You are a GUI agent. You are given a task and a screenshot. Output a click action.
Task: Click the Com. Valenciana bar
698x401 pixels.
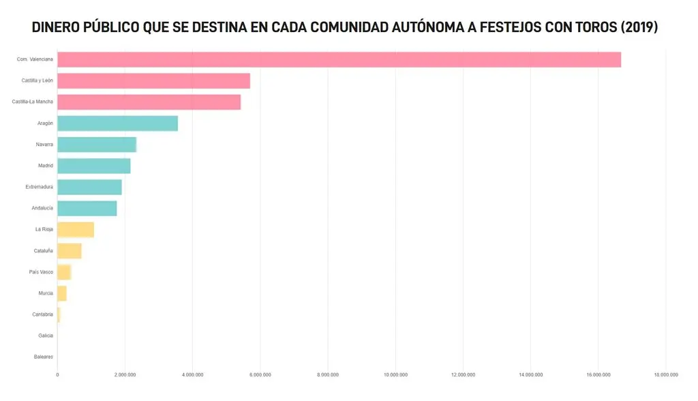339,60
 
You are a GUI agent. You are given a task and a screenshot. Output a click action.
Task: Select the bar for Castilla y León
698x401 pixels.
153,81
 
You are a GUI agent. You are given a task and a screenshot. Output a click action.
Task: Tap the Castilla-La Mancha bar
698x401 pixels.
149,102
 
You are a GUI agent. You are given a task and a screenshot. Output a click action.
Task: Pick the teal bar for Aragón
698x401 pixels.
117,123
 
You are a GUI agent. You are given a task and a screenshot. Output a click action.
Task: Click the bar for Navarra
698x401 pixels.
97,145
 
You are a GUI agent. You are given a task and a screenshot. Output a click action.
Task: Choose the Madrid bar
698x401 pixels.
94,166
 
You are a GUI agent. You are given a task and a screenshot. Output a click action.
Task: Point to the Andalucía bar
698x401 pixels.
87,209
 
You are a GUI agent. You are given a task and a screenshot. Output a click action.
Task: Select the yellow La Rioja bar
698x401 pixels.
76,230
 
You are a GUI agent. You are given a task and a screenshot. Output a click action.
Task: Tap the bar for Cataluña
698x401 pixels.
70,251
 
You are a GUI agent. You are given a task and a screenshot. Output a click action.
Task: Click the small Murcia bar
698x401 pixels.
62,294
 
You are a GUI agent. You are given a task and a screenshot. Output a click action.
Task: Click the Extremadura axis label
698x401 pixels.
39,187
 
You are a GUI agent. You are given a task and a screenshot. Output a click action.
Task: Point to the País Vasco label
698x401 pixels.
41,272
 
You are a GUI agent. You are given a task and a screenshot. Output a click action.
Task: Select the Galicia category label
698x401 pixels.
46,336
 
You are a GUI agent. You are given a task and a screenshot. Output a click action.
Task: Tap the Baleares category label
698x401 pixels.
44,357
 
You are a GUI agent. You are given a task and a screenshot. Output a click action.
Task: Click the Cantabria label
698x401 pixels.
42,314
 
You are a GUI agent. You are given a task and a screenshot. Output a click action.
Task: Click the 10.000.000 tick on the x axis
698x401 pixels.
396,375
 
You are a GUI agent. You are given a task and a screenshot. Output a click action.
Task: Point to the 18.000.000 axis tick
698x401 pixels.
666,375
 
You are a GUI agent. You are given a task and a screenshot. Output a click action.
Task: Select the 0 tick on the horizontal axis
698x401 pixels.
57,375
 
